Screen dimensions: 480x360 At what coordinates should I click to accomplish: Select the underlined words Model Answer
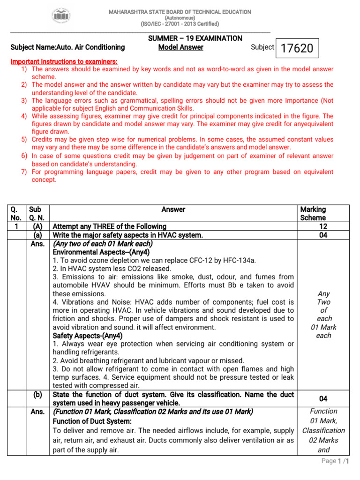tap(180, 47)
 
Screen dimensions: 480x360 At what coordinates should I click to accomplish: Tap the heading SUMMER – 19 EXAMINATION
tap(195, 38)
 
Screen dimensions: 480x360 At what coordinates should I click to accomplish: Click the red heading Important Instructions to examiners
tap(64, 62)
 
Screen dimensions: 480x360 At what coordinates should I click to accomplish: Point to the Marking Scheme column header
tap(313, 214)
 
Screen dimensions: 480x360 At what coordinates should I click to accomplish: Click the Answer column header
tap(173, 210)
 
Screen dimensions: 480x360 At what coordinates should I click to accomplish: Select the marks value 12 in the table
tap(322, 226)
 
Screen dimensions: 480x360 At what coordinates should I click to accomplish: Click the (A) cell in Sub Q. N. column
tap(38, 226)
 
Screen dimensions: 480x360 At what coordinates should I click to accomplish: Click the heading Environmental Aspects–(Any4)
tap(101, 252)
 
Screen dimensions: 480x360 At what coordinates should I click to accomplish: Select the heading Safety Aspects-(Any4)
tap(88, 336)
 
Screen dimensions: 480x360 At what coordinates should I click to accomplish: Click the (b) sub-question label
tap(38, 395)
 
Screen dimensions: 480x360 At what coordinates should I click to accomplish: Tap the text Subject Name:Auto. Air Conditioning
tap(67, 47)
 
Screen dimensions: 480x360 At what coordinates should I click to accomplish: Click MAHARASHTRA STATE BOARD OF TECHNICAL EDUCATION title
tap(180, 12)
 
